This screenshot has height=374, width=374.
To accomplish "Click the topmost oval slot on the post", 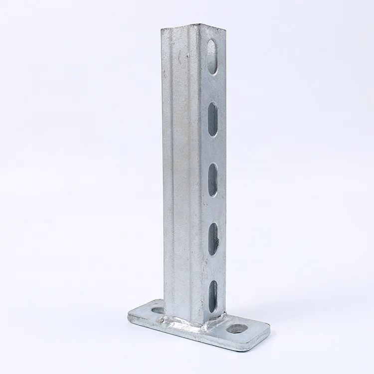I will (x=212, y=57).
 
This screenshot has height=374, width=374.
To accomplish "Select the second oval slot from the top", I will (x=212, y=119).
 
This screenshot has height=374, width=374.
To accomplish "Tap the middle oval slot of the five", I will (x=213, y=179).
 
